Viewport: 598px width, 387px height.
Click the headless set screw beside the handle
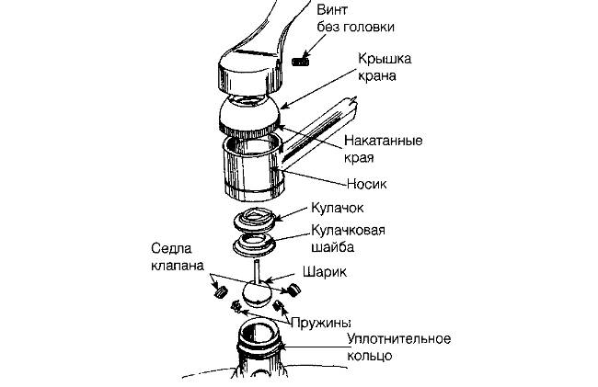coord(301,61)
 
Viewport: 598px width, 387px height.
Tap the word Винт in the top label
coord(332,9)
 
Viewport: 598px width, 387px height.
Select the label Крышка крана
coord(385,67)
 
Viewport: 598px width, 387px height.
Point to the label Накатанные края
coord(384,149)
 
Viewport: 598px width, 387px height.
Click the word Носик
coord(367,184)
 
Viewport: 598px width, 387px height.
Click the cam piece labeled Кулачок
coord(254,221)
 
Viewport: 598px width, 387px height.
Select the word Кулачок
coord(338,208)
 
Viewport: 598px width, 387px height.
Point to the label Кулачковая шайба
coord(348,238)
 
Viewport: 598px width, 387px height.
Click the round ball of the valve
coord(257,294)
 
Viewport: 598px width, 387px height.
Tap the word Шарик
coord(325,272)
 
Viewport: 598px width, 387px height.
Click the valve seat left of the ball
coord(220,290)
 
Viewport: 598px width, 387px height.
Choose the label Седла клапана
coord(178,256)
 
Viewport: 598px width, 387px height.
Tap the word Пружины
coord(320,323)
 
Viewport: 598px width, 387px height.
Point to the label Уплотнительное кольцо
coord(399,347)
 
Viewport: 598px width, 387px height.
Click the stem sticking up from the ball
coord(257,271)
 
